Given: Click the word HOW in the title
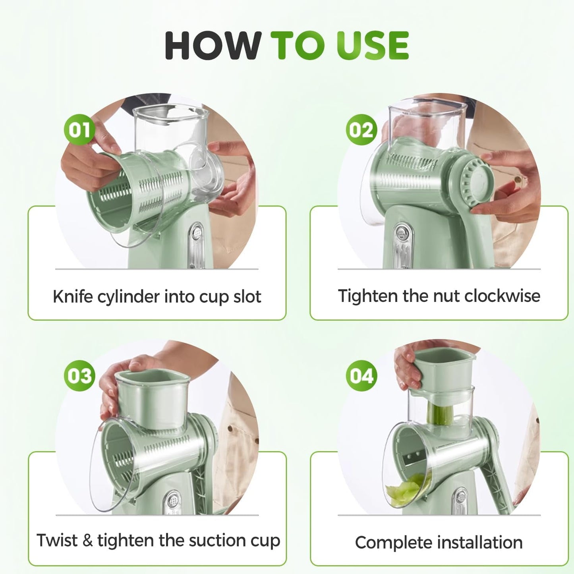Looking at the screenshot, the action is point(213,45).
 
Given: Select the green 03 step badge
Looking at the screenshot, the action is point(79,375).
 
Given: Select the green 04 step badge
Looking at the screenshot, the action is point(361,375).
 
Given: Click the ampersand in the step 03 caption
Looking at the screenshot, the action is point(87,540).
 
